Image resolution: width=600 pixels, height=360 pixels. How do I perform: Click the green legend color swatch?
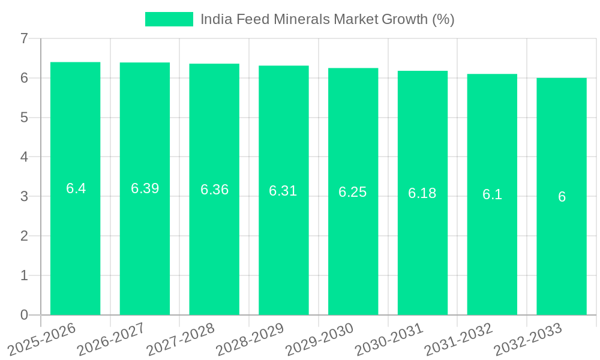point(169,19)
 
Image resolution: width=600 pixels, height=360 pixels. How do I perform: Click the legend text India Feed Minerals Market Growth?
point(327,19)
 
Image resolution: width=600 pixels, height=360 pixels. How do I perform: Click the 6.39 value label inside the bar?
point(145,188)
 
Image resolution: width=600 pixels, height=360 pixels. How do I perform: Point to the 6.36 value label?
point(214,190)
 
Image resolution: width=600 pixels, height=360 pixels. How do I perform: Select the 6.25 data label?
point(352,192)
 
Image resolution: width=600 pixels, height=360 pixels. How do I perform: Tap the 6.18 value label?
point(422,193)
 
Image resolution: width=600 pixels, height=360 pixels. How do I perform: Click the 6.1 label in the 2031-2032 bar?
point(492,194)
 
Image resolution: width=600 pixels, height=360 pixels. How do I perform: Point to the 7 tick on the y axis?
point(24,38)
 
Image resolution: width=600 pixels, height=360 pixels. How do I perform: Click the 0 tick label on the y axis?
point(24,315)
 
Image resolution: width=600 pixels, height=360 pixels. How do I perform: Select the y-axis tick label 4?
point(24,157)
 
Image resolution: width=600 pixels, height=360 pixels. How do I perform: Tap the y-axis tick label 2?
point(24,236)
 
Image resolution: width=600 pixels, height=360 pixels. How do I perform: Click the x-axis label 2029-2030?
point(320,339)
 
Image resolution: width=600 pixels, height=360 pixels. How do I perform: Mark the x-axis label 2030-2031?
point(389,339)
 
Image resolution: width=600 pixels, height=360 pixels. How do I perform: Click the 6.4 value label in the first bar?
point(76,188)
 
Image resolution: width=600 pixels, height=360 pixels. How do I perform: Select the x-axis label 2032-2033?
point(528,339)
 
